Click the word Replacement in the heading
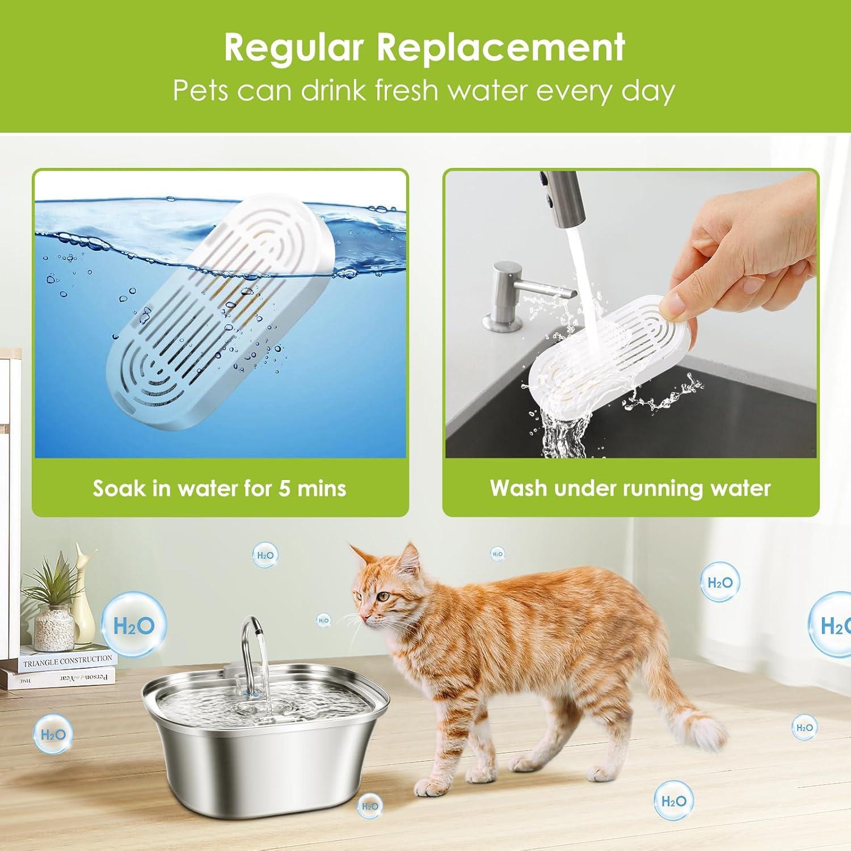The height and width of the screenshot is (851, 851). click(x=501, y=48)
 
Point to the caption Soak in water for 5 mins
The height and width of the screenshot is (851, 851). click(x=220, y=488)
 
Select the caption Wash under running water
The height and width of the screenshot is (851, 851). click(x=630, y=488)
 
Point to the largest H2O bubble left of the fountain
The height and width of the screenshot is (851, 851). click(x=134, y=626)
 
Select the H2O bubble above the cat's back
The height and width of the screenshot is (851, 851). click(x=498, y=554)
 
